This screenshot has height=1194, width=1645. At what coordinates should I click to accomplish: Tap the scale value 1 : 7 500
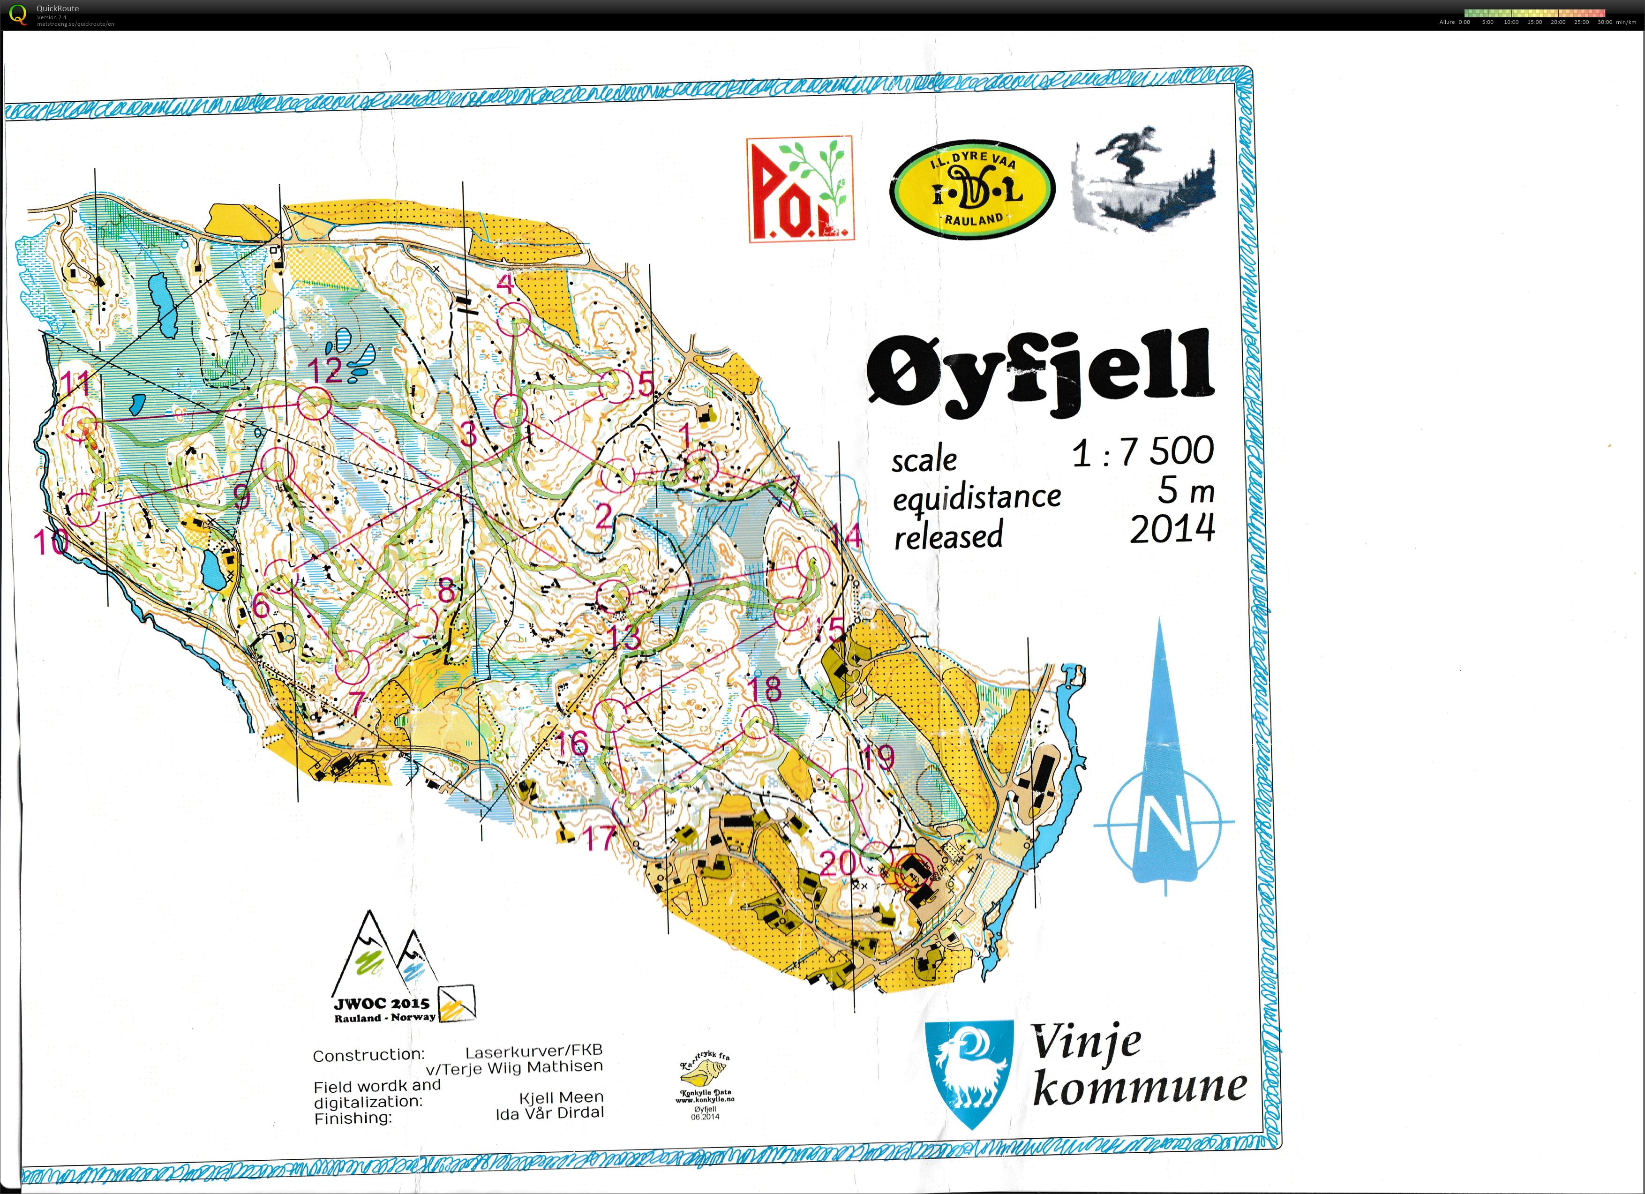point(1142,452)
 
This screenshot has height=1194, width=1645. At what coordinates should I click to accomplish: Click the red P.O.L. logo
point(800,189)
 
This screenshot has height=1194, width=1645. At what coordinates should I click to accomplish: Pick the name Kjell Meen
point(561,1097)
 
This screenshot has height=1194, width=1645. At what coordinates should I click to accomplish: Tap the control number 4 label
point(505,283)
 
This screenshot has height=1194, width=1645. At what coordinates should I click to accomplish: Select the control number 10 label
point(50,541)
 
